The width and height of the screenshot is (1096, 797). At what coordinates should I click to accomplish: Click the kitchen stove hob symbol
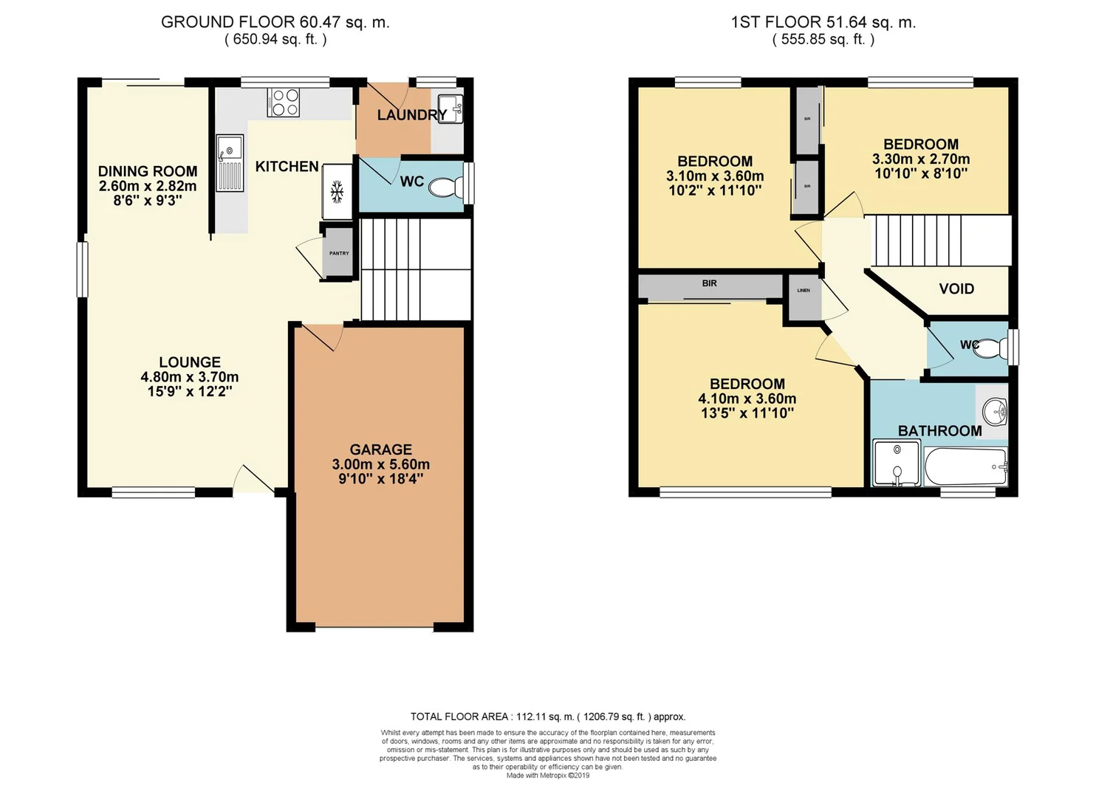click(x=284, y=103)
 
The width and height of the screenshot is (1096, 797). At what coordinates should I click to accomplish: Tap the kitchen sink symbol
click(x=230, y=162)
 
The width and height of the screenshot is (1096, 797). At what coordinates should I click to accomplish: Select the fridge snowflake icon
click(x=337, y=193)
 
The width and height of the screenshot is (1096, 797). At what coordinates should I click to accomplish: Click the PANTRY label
click(x=339, y=253)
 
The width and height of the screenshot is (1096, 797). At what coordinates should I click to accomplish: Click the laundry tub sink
click(x=450, y=108)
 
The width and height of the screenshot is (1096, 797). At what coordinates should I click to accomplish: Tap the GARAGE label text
click(x=380, y=449)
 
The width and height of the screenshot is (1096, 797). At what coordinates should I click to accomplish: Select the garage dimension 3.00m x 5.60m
click(x=380, y=465)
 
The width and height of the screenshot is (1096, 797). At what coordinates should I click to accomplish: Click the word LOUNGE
click(x=190, y=362)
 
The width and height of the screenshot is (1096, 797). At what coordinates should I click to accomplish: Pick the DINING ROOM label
click(x=148, y=171)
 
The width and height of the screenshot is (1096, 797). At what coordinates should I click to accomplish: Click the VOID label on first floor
click(x=956, y=289)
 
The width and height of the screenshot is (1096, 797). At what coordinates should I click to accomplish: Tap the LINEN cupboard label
click(x=804, y=291)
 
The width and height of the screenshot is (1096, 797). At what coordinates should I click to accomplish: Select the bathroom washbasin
click(x=994, y=412)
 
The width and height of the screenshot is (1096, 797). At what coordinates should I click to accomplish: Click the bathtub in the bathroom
click(x=966, y=466)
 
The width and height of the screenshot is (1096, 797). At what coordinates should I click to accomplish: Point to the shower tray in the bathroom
click(x=897, y=463)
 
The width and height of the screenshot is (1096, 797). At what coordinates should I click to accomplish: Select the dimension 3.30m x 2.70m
click(x=920, y=159)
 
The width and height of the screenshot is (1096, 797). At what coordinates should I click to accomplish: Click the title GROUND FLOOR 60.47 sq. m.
click(x=275, y=22)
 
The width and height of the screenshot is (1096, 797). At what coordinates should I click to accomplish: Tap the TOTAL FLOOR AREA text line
click(x=547, y=717)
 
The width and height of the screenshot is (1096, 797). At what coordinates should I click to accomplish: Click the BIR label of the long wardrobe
click(x=709, y=283)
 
